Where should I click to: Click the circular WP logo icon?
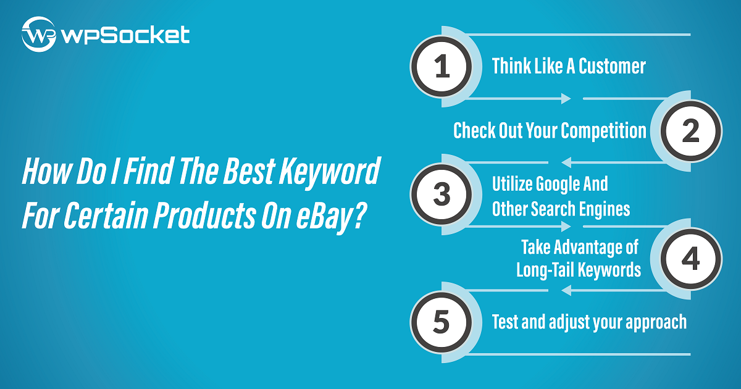click(39, 35)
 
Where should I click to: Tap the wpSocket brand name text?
click(126, 35)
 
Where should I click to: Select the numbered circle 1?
click(442, 67)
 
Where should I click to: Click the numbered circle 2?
click(691, 131)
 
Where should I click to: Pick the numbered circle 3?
click(442, 194)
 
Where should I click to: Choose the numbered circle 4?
click(691, 259)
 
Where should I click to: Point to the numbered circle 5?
click(442, 322)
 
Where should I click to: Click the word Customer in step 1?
click(612, 66)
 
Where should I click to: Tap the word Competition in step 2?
click(603, 131)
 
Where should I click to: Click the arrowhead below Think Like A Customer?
click(566, 99)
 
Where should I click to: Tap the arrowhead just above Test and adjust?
click(566, 290)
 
